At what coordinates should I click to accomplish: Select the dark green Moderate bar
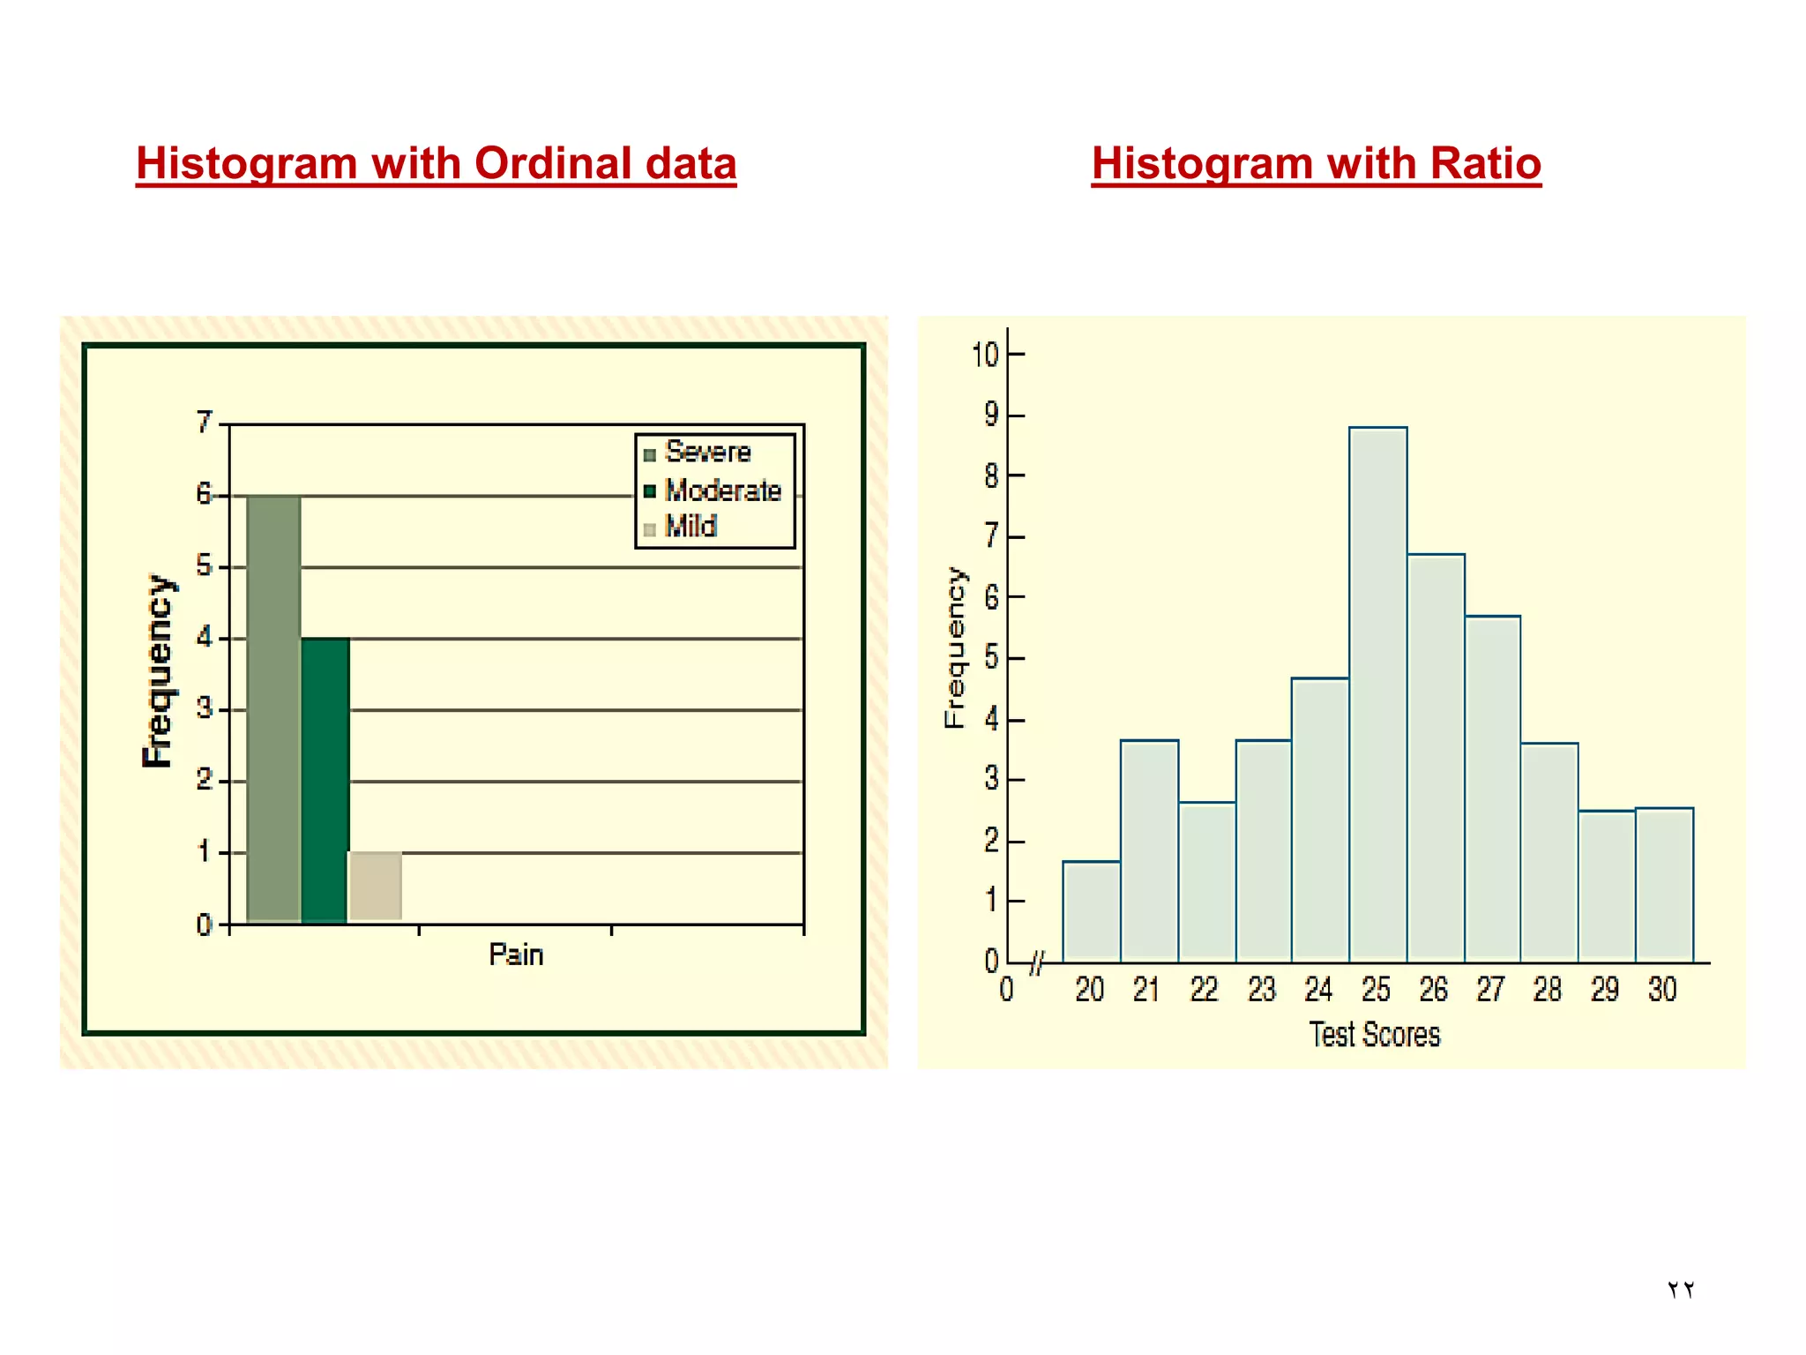tap(325, 780)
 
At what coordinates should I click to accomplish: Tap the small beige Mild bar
tap(376, 886)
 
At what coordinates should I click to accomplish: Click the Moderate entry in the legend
tap(721, 490)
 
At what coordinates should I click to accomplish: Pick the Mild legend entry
tap(690, 527)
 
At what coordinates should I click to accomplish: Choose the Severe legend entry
tap(707, 452)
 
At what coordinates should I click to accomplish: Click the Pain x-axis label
tap(516, 954)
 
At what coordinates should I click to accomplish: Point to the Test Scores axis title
tap(1374, 1034)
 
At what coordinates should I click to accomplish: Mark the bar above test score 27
tap(1492, 789)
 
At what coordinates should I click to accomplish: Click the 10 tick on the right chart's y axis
tap(985, 355)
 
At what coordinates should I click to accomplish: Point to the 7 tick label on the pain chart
tap(205, 422)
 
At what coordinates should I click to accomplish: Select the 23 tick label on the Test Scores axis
tap(1261, 990)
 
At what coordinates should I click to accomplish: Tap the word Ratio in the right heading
tap(1485, 163)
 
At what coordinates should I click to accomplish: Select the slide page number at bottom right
tap(1680, 1290)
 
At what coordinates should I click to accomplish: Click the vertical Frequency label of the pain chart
tap(159, 670)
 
